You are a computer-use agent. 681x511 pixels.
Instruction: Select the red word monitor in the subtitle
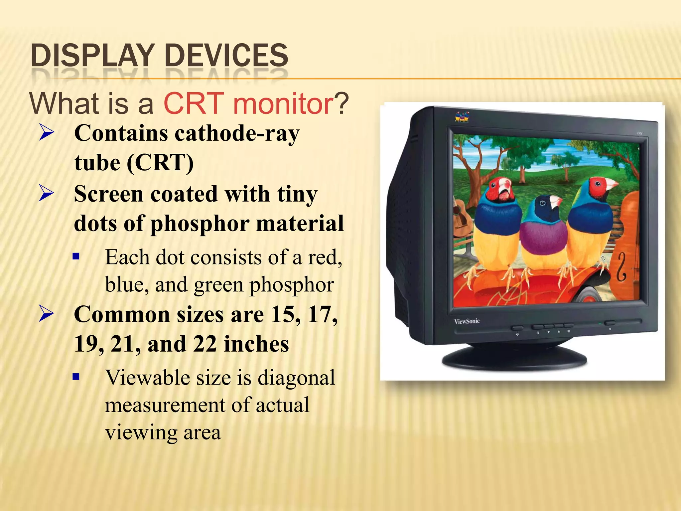pos(283,103)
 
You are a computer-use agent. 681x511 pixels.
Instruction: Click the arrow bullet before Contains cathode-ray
pos(46,132)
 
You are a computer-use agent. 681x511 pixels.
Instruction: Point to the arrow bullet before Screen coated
pos(46,193)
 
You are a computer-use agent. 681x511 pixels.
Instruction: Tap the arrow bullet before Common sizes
pos(46,314)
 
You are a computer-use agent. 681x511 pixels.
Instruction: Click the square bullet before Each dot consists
pos(76,256)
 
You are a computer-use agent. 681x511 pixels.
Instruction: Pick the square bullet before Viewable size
pos(76,377)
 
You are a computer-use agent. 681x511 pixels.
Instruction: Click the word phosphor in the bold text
pos(200,224)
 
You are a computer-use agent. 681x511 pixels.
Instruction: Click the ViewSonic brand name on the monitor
pos(467,321)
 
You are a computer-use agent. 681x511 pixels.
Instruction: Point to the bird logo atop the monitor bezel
pos(462,116)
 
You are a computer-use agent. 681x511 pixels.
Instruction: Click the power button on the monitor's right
pos(610,323)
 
